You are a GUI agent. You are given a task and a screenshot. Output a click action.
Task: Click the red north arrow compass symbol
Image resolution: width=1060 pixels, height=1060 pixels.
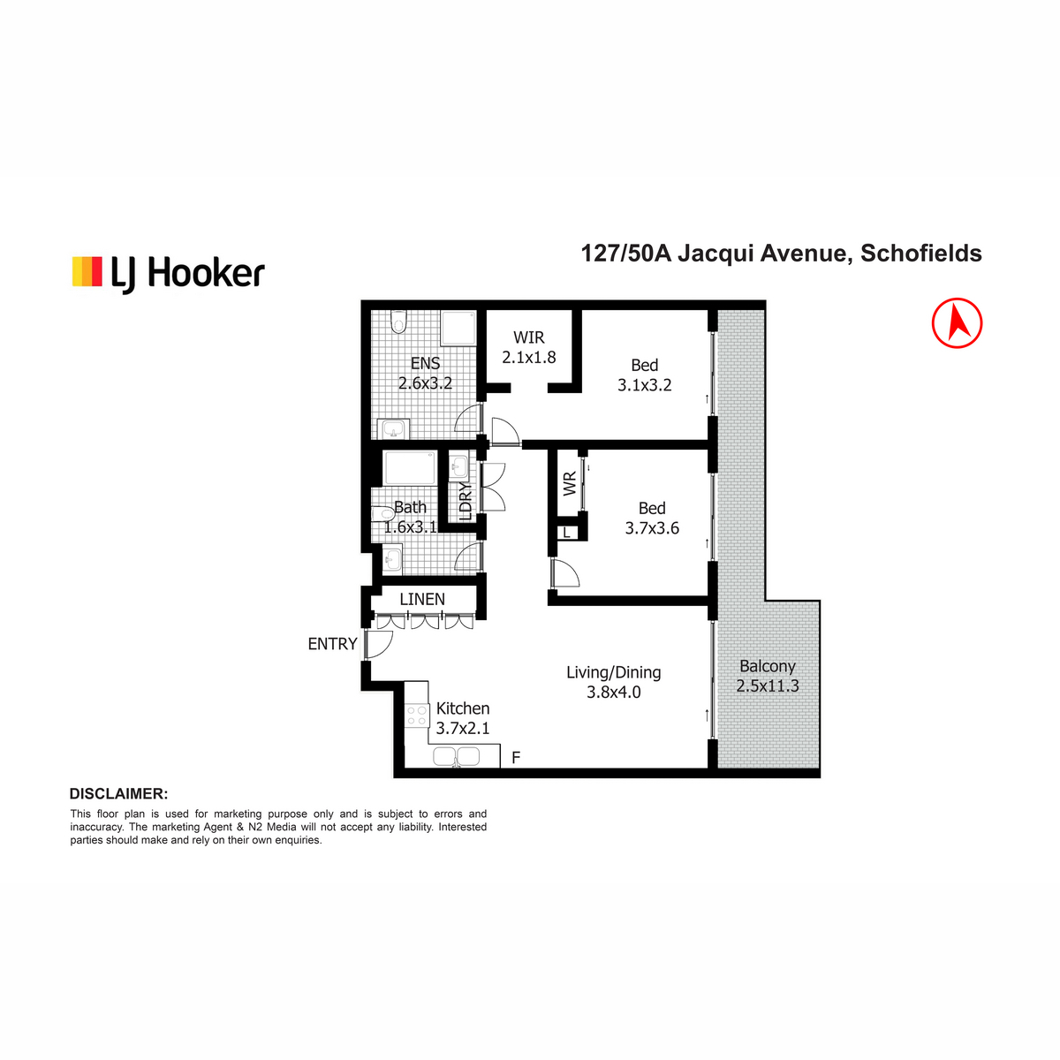tap(957, 323)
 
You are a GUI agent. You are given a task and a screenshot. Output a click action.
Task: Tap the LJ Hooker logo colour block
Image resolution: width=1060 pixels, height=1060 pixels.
tap(87, 271)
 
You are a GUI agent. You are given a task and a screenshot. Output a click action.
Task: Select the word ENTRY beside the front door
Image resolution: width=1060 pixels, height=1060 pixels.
tap(332, 644)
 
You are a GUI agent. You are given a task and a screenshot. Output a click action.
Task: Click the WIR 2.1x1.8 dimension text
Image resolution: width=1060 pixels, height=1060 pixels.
tap(528, 357)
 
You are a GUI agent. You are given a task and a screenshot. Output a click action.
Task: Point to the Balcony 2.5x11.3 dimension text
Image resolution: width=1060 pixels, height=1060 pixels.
tap(768, 686)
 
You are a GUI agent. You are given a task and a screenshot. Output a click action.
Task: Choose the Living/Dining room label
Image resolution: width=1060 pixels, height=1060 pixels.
tap(613, 671)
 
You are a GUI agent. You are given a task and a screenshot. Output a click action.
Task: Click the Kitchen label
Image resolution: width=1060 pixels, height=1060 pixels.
tap(463, 708)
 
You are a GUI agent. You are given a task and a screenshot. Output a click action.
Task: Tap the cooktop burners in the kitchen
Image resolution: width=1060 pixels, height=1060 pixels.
tap(416, 715)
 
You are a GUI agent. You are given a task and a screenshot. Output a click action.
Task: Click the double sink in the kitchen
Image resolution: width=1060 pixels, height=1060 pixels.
tap(456, 757)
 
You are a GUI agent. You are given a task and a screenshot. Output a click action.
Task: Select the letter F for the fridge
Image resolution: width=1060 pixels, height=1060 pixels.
tap(515, 758)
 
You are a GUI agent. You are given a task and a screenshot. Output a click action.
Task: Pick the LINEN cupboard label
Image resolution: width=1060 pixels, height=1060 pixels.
tap(422, 599)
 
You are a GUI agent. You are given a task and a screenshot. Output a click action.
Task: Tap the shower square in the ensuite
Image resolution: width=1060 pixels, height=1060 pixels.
tap(458, 329)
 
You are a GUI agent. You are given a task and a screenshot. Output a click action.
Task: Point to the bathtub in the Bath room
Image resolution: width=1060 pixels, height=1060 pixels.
tap(411, 467)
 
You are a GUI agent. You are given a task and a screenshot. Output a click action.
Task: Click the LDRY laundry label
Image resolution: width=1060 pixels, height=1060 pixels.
tap(466, 501)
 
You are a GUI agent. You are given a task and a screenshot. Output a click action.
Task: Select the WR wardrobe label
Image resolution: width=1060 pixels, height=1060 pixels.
tap(570, 483)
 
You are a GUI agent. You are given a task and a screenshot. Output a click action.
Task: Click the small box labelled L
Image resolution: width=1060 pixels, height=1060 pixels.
tap(566, 533)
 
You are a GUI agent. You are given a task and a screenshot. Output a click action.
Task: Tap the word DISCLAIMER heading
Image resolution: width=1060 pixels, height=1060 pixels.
tap(119, 794)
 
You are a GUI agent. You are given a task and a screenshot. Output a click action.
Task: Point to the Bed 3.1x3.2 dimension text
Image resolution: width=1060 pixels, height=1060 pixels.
tap(644, 384)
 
